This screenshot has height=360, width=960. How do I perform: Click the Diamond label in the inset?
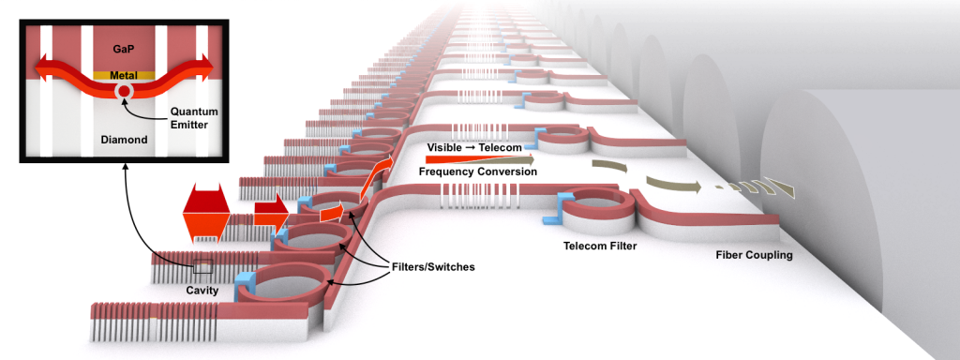pos(122,141)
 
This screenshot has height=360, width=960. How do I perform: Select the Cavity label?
pos(202,291)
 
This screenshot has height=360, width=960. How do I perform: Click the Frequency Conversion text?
pos(478,172)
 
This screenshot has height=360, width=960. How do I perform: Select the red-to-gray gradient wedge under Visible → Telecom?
pos(478,159)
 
